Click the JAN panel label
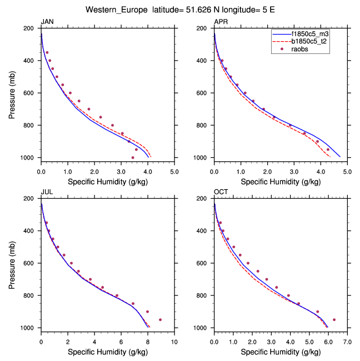(47, 22)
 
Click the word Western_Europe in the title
(117, 9)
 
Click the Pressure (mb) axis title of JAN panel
(12, 93)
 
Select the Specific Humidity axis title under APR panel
(280, 181)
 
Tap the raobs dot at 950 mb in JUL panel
(161, 320)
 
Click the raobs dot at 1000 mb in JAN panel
(133, 157)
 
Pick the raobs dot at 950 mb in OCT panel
(334, 320)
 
